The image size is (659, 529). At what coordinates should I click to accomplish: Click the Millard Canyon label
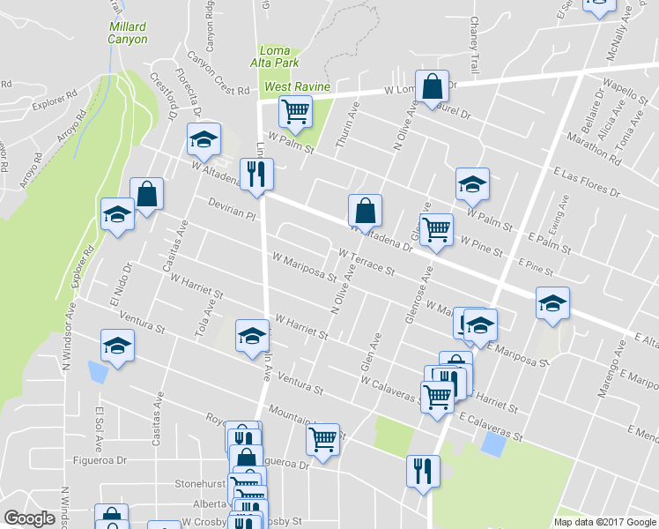pos(128,33)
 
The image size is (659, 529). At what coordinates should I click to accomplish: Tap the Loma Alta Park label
pos(278,56)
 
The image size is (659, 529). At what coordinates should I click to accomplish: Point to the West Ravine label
pos(298,86)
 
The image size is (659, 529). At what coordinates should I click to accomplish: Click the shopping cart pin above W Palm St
pos(295,111)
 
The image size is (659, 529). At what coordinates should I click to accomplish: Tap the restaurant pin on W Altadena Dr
pos(256,173)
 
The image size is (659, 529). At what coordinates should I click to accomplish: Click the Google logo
pos(29,518)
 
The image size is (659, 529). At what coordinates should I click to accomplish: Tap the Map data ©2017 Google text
pos(605,522)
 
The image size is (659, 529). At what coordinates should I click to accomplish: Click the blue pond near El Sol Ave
pos(99,373)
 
